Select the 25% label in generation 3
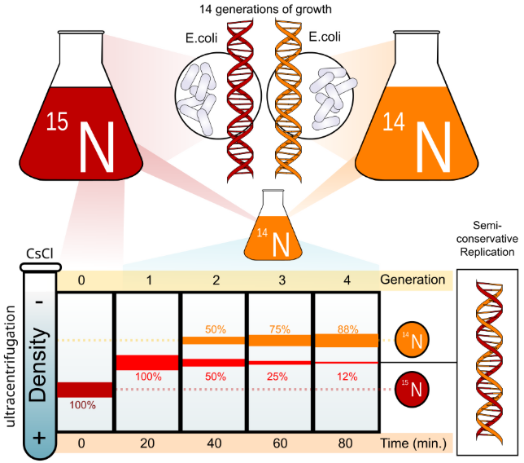click(280, 377)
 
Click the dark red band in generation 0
click(85, 390)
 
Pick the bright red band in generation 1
click(147, 362)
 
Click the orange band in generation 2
click(213, 341)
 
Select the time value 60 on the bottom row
click(280, 443)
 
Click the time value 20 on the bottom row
click(147, 443)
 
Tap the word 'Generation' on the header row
click(414, 280)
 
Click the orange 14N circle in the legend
click(413, 342)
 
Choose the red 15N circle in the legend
click(413, 389)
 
